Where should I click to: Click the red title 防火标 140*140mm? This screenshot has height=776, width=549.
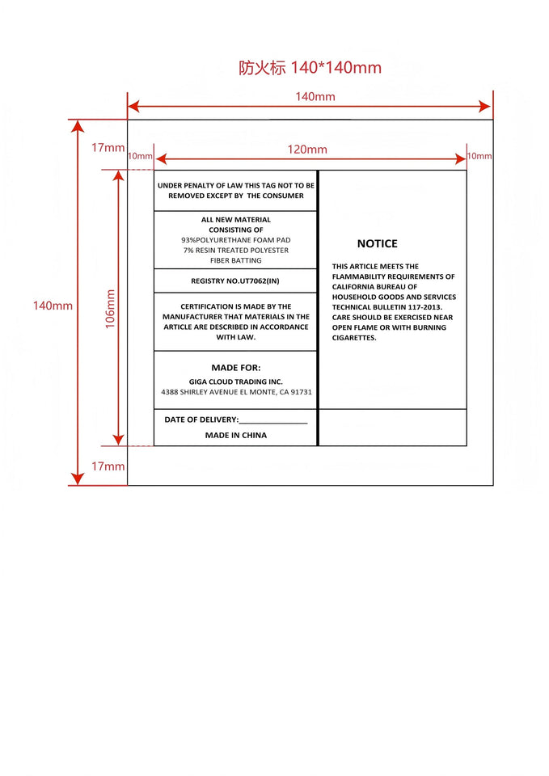310,68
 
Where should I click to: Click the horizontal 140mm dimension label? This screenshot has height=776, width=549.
315,97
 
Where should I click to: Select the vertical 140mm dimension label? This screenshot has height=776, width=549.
53,306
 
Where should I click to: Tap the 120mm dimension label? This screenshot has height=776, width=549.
307,150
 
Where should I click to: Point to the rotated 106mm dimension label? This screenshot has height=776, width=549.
111,308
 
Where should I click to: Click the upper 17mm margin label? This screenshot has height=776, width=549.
108,147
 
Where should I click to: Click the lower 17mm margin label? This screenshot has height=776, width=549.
108,466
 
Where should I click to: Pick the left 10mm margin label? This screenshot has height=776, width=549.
140,156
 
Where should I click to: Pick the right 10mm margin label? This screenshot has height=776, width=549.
479,156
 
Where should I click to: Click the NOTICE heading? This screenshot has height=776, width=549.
378,243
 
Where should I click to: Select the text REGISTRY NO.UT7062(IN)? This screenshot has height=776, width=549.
235,280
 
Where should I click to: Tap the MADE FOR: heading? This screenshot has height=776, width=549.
235,368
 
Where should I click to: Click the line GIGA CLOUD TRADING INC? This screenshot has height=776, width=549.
236,382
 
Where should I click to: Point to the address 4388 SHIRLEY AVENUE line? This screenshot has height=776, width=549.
236,392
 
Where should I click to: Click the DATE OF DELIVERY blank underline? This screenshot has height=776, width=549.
273,422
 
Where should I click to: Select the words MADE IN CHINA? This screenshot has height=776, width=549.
235,436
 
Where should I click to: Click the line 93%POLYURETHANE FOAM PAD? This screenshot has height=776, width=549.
235,240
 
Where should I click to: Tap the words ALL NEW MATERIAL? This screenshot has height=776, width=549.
235,220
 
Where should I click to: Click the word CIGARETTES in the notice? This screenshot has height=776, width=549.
354,338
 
